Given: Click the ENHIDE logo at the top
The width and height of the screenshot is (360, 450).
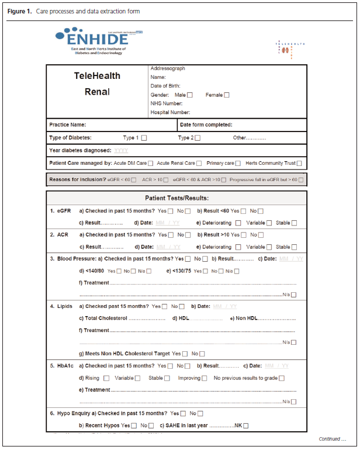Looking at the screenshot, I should tap(94, 41).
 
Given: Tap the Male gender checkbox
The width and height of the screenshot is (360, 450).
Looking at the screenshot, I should tap(190, 95).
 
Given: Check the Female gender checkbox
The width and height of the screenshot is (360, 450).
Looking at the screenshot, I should tap(227, 95).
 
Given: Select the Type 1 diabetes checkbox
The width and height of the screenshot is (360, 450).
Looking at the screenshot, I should tap(144, 138).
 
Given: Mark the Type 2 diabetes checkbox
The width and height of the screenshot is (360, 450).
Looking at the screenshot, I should tap(198, 138).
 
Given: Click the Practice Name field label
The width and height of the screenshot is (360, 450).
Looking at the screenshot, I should tap(68, 124).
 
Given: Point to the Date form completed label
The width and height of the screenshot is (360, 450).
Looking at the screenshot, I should tap(206, 124).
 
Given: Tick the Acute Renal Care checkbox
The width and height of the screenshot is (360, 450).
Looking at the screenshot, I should tap(200, 164).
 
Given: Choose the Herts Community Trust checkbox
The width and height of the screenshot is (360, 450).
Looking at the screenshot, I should tap(299, 164).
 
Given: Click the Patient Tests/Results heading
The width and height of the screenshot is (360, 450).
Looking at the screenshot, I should tap(176, 198).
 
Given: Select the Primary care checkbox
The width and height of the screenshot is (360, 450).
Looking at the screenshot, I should tap(238, 164).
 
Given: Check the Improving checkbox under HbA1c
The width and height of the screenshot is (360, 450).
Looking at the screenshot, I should tap(204, 378).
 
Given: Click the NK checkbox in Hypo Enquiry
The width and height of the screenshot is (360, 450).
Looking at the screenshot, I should tap(246, 425).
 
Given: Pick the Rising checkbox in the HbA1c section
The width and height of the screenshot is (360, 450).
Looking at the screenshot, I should tap(106, 378).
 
